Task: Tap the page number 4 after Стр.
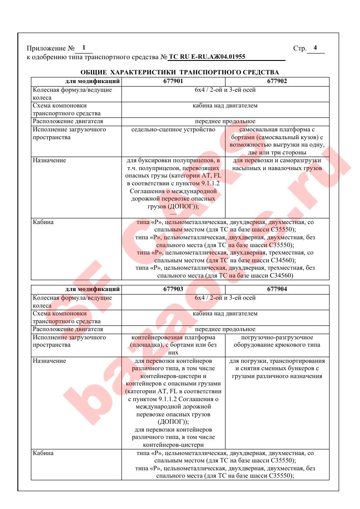[x=315, y=48]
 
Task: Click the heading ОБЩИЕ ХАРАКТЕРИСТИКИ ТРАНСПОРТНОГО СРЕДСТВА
[x=180, y=72]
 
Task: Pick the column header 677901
[x=173, y=81]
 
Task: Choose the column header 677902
[x=277, y=81]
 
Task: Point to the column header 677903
[x=173, y=289]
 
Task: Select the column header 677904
[x=277, y=289]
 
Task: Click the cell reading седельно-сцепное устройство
[x=173, y=129]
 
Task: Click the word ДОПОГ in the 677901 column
[x=179, y=207]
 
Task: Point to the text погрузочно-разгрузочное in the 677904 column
[x=277, y=338]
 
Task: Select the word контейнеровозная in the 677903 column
[x=154, y=338]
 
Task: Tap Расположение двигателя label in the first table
[x=68, y=121]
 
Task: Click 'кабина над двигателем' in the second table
[x=225, y=313]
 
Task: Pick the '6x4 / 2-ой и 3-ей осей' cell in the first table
[x=225, y=90]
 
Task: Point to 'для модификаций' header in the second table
[x=93, y=289]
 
